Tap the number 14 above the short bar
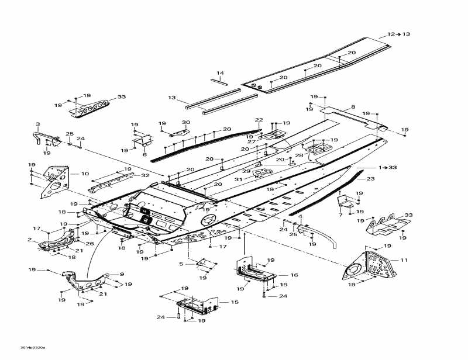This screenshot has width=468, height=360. (220, 73)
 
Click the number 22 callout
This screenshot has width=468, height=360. (259, 120)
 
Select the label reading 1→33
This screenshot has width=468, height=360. (387, 168)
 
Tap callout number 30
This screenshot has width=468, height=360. (186, 122)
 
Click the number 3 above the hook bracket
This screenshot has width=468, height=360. (38, 124)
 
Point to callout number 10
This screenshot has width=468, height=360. (85, 174)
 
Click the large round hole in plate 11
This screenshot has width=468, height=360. (353, 269)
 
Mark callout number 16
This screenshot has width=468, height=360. (294, 275)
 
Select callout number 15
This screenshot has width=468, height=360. (235, 302)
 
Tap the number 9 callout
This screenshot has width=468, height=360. (122, 274)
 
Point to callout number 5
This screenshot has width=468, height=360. (181, 264)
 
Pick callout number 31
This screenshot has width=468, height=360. (238, 179)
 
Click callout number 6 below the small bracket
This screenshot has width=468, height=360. (144, 154)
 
